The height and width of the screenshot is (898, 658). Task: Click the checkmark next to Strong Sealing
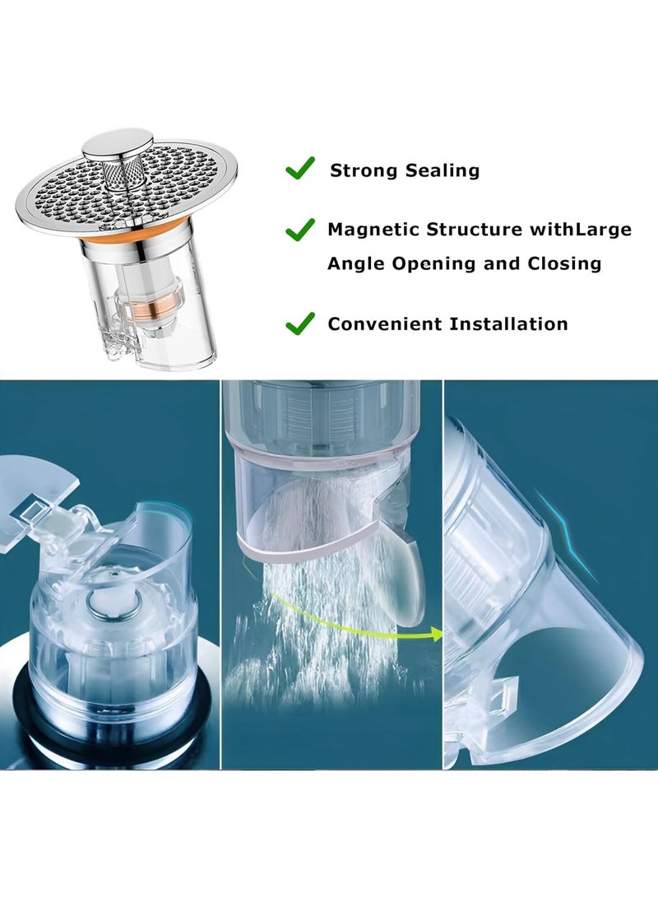299,169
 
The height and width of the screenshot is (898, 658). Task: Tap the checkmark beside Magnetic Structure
299,228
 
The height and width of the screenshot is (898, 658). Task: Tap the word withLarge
580,230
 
